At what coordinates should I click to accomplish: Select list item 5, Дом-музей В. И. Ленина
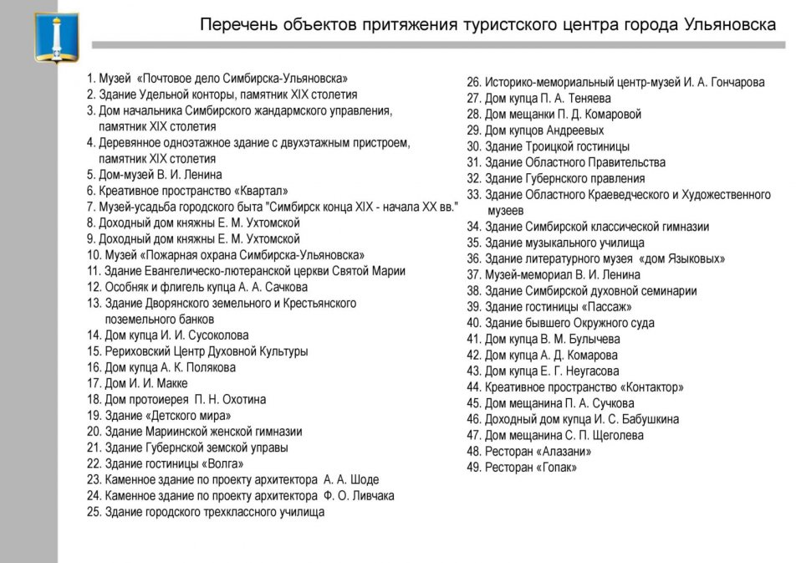click(x=155, y=175)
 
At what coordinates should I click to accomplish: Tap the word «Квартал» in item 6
click(x=261, y=191)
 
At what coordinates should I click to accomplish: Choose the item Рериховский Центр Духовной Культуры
click(x=197, y=351)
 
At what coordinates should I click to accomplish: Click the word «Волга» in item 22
click(x=222, y=463)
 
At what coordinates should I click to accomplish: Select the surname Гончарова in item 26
click(x=732, y=83)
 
